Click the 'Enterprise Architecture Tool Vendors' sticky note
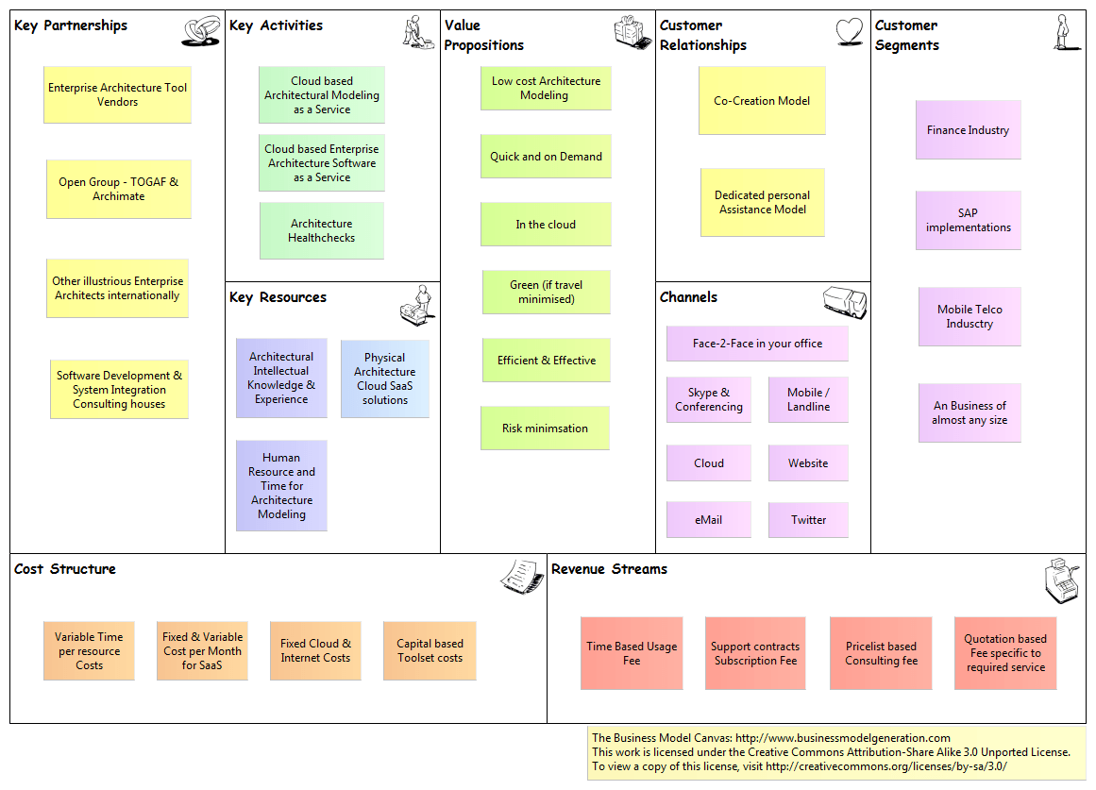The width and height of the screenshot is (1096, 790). tap(117, 94)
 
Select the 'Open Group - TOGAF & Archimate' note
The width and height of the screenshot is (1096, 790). tap(118, 189)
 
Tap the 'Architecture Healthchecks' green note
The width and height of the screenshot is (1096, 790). tap(321, 230)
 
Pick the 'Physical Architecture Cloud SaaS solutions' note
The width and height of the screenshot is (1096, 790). tap(384, 378)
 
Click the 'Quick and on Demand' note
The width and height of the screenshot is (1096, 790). tap(546, 157)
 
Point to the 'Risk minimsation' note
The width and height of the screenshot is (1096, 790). tap(545, 429)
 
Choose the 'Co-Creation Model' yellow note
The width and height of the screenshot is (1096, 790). tap(762, 101)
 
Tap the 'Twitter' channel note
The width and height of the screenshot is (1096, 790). tap(808, 520)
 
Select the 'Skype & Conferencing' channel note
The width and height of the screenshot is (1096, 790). tap(709, 399)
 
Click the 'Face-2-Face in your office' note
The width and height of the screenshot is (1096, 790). tap(757, 344)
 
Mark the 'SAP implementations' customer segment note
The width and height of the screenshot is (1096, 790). tap(968, 220)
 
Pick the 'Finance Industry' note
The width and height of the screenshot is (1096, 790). tap(968, 130)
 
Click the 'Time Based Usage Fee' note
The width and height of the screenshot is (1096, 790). tap(632, 653)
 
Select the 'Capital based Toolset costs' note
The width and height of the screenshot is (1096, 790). tap(430, 650)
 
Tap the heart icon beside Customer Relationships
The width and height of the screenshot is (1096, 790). tap(850, 32)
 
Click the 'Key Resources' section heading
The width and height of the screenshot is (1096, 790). tap(278, 297)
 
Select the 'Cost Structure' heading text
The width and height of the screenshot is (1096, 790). tap(65, 569)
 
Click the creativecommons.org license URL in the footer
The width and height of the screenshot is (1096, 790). tap(886, 766)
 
